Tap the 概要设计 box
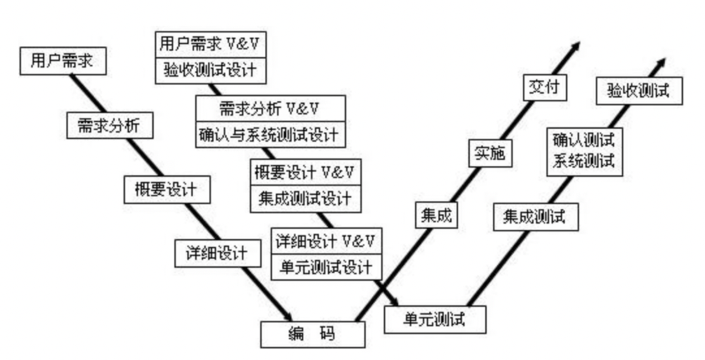pos(167,189)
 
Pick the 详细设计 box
pos(218,253)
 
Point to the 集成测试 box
pos(536,217)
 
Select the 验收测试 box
pos(639,90)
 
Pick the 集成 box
pos(435,216)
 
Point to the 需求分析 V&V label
pos(270,108)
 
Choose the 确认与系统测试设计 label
pos(270,133)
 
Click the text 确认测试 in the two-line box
pos(584,140)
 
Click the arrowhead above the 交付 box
pos(574,47)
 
